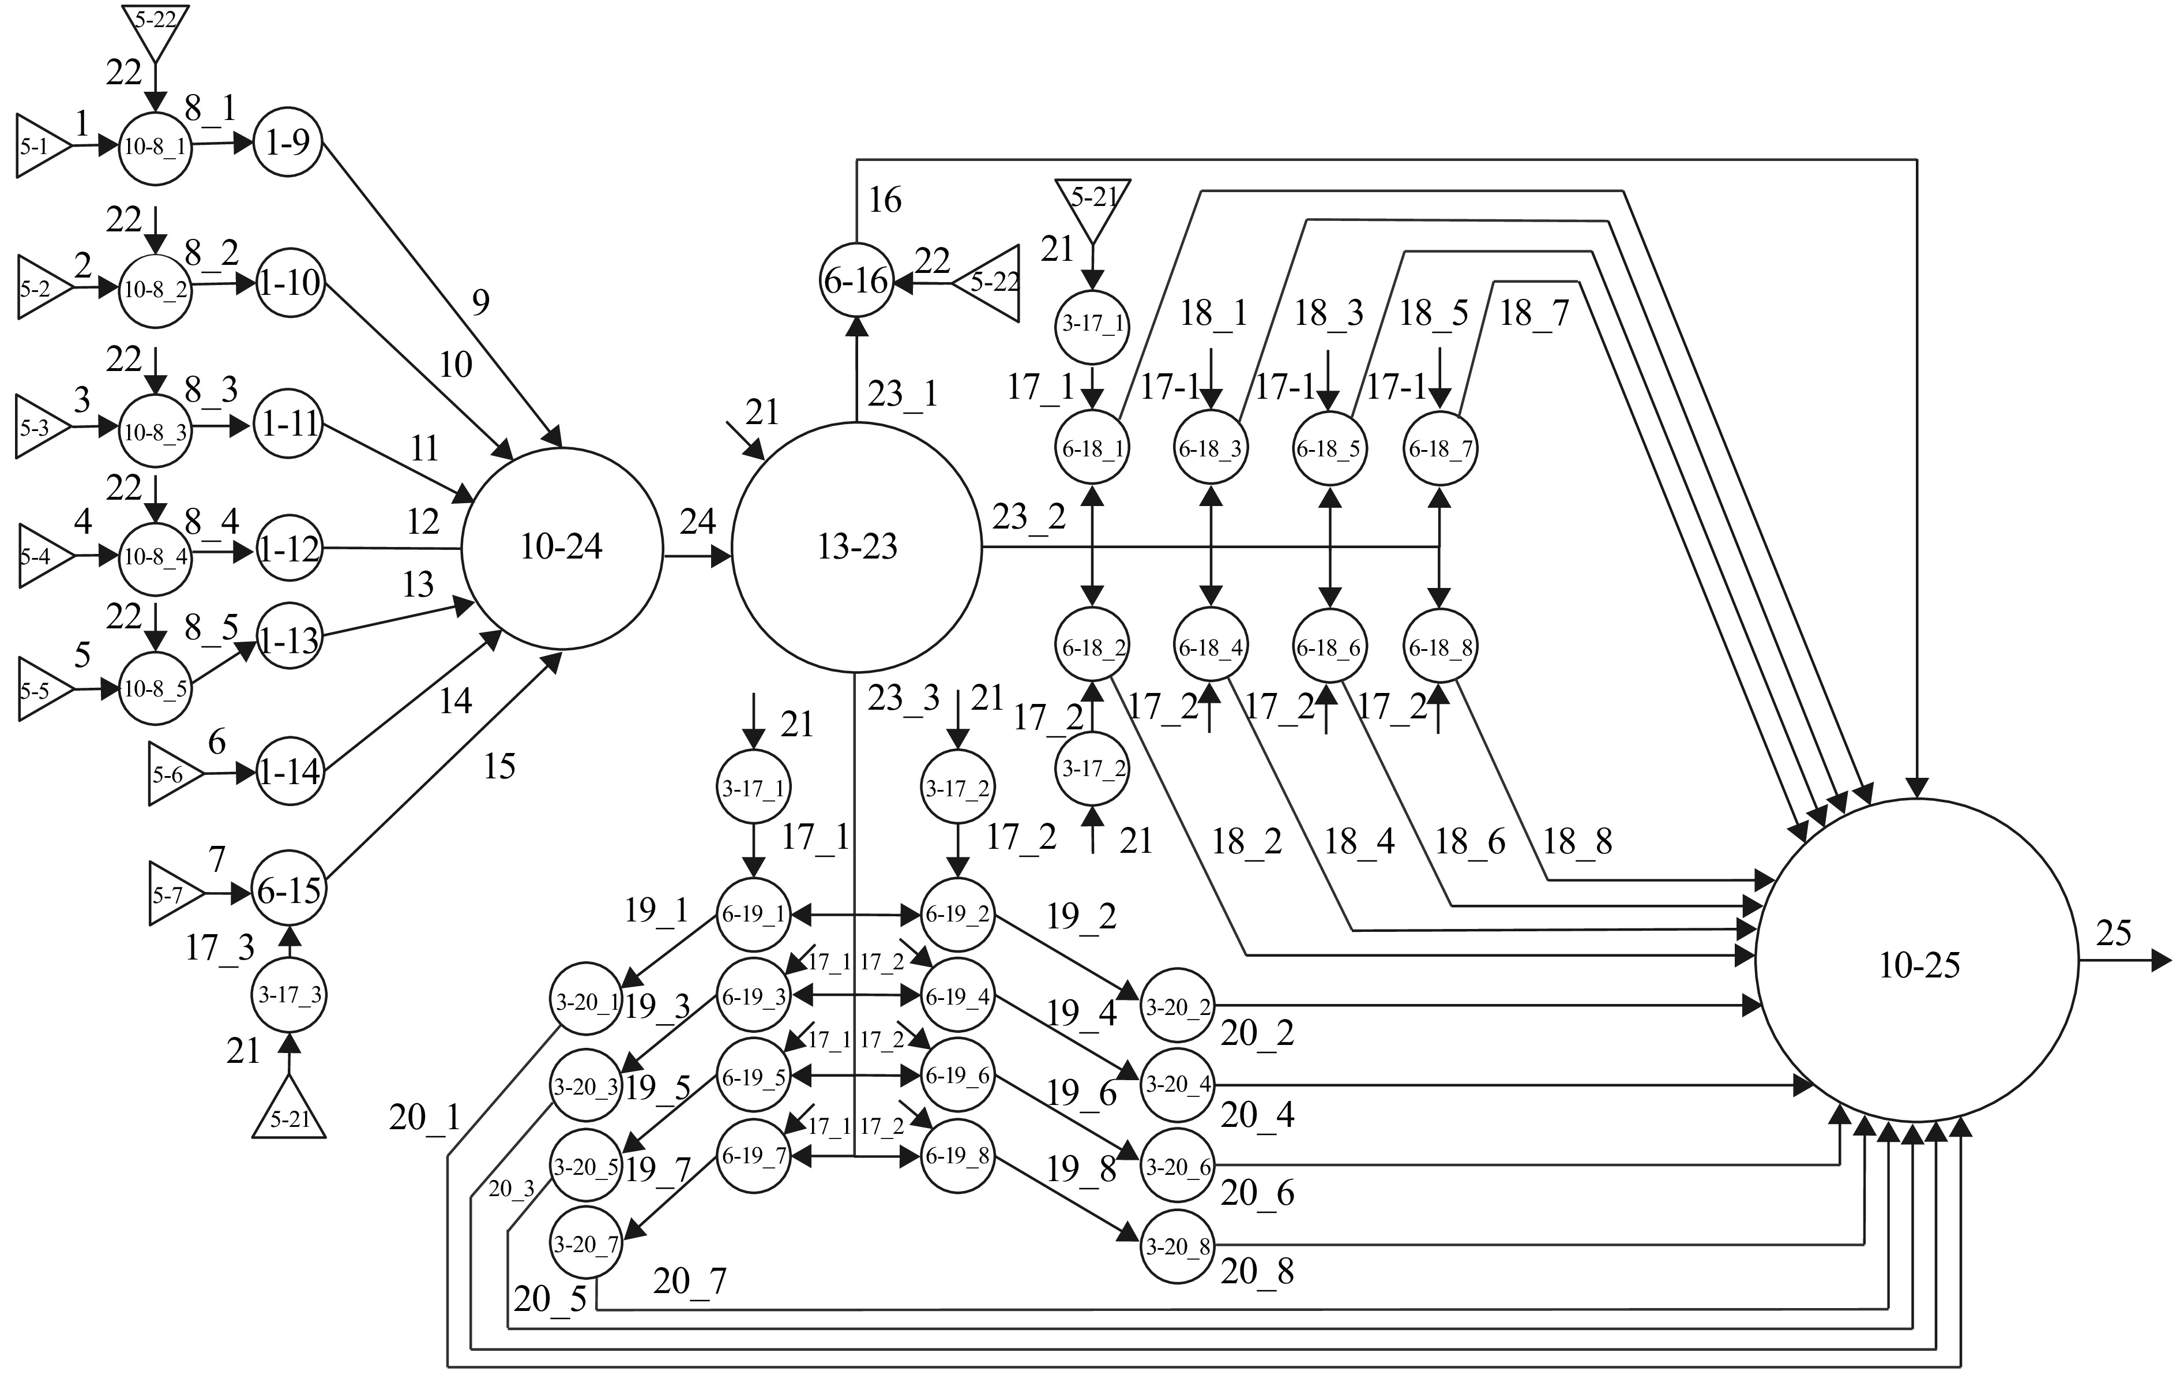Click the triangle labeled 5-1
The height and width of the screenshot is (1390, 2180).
tap(43, 146)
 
